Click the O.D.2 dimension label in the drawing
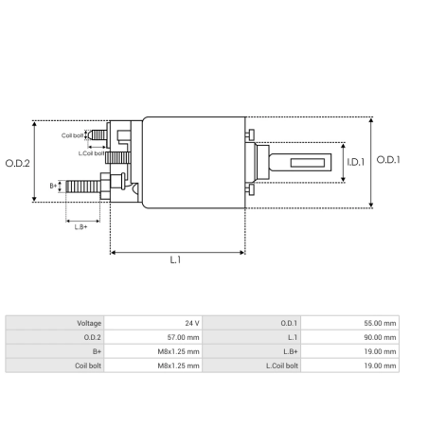(18, 163)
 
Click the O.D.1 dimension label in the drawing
(388, 160)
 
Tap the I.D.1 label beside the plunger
(354, 163)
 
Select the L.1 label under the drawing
(176, 260)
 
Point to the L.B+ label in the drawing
(80, 225)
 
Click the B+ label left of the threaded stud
(54, 186)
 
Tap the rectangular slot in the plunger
(307, 162)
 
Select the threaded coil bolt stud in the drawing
(98, 135)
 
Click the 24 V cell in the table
(192, 323)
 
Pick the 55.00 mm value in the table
(383, 323)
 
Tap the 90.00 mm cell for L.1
(383, 337)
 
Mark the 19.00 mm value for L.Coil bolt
(383, 365)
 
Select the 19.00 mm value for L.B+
(383, 350)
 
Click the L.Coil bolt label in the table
(281, 365)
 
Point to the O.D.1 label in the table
(289, 323)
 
